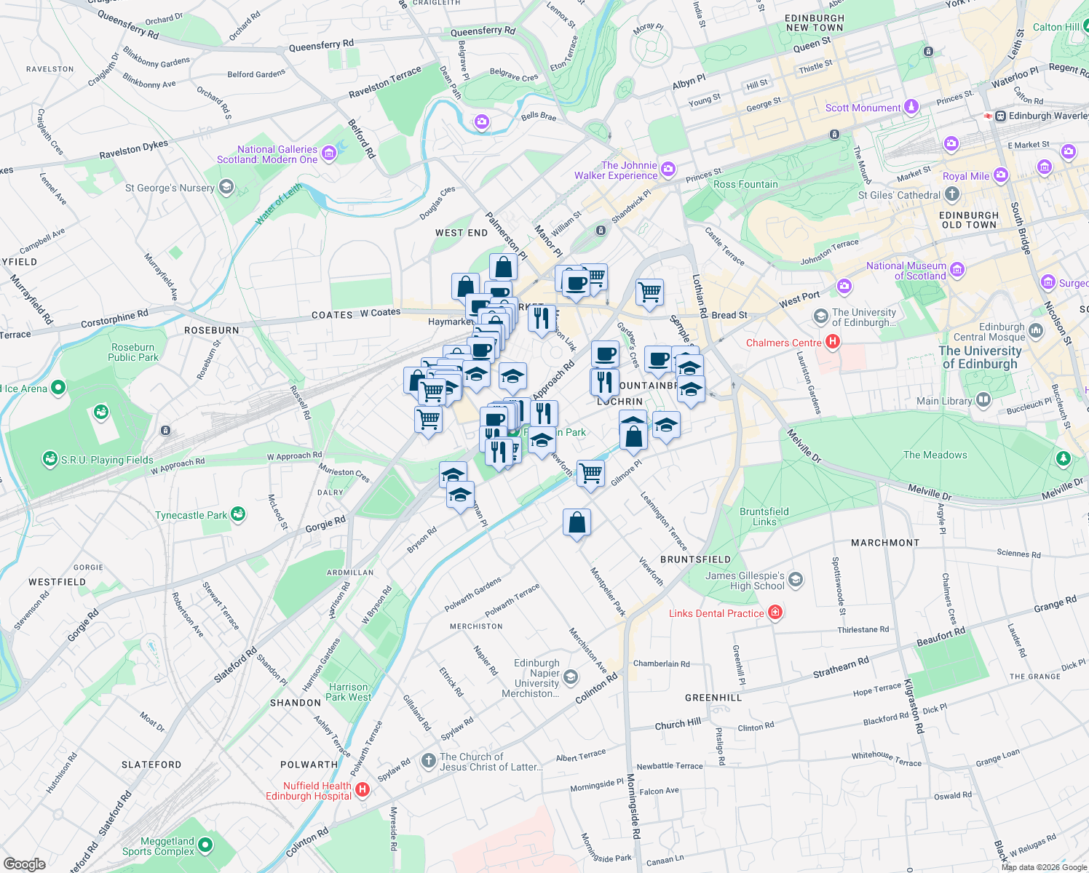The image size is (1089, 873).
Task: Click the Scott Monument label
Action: tap(863, 108)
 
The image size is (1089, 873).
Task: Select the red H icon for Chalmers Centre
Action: tap(833, 342)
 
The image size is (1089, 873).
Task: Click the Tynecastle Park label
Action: tap(191, 515)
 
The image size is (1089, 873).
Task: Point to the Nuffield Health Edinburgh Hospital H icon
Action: tap(363, 790)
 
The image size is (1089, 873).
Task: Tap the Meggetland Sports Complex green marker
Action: tap(205, 845)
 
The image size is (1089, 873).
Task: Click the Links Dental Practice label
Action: tap(716, 613)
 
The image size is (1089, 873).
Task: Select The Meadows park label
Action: tap(935, 455)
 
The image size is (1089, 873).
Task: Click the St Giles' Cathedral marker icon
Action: tap(952, 194)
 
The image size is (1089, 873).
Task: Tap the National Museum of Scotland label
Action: tap(906, 271)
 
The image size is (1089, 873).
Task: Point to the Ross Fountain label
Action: tap(745, 184)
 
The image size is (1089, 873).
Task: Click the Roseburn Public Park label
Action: tap(133, 352)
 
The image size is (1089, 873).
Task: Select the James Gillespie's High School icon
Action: tap(796, 580)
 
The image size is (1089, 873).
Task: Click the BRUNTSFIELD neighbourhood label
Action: tap(695, 559)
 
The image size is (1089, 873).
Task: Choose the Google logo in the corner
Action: tap(24, 864)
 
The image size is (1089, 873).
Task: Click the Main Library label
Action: tap(944, 401)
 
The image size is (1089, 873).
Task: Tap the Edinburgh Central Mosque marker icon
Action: tap(1036, 331)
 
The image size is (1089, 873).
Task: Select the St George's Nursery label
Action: tap(170, 188)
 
